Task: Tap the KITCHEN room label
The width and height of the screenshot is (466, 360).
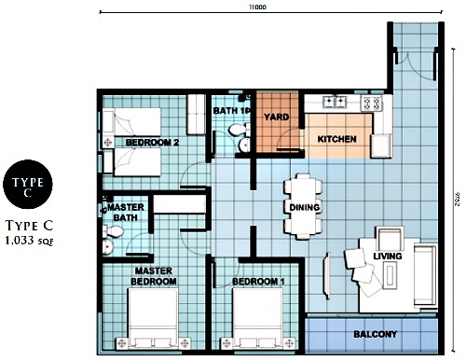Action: pyautogui.click(x=336, y=139)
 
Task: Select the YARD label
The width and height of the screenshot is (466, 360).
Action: pyautogui.click(x=275, y=118)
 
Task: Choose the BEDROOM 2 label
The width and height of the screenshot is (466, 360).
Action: pyautogui.click(x=152, y=143)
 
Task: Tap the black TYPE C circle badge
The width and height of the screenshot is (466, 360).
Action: pyautogui.click(x=27, y=187)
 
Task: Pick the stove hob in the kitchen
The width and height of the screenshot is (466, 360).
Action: pyautogui.click(x=369, y=104)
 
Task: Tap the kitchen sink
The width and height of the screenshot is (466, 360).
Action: pyautogui.click(x=334, y=103)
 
